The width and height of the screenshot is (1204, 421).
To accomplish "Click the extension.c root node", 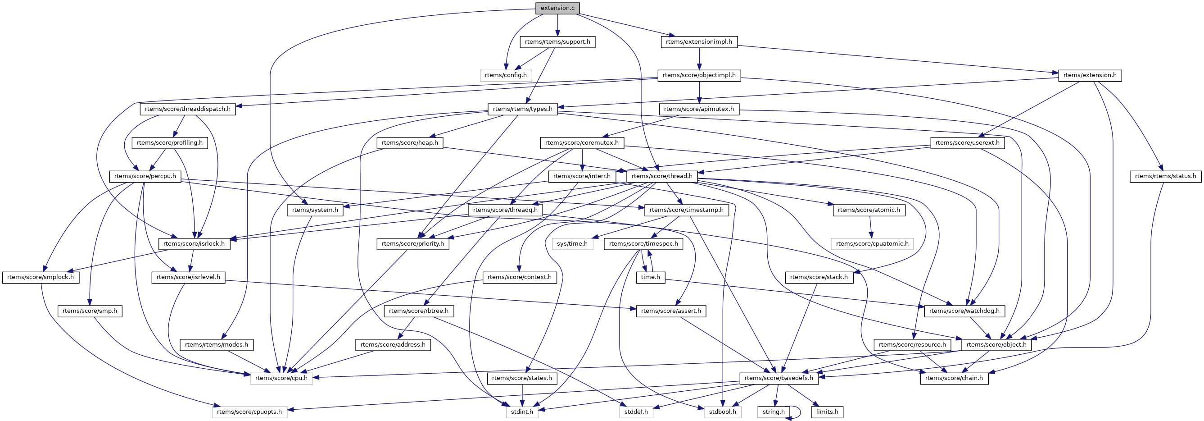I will (x=557, y=8).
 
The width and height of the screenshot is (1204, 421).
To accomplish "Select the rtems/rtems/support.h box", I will (x=557, y=41).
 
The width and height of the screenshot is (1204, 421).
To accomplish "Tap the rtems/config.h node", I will (x=505, y=75).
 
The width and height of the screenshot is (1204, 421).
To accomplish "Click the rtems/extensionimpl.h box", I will (x=699, y=41).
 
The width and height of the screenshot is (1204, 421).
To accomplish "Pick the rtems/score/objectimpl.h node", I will (x=699, y=75).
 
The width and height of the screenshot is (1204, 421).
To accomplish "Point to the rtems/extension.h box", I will (x=1090, y=75).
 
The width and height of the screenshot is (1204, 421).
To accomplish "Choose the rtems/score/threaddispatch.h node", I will (x=187, y=109).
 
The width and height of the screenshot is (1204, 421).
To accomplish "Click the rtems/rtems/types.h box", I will (x=523, y=109).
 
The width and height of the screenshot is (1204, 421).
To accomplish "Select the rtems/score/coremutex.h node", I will (x=581, y=143).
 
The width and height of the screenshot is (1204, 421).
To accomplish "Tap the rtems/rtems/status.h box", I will (x=1165, y=176).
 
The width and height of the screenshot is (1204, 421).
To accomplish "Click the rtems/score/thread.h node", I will (x=661, y=176).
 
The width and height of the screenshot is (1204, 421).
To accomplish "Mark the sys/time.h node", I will (x=572, y=244).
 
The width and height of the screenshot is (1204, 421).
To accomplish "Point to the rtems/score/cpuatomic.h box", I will (x=872, y=244).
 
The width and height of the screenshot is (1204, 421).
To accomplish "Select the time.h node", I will (x=650, y=277).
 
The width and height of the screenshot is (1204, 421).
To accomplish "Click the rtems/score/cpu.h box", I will (x=281, y=378).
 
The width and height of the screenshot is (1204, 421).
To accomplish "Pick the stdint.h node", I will (x=521, y=412).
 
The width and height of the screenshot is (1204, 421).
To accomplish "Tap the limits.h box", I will (x=827, y=412).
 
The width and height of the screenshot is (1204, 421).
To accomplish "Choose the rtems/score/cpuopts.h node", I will (x=249, y=412).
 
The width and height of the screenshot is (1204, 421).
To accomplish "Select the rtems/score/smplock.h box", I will (x=41, y=277).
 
